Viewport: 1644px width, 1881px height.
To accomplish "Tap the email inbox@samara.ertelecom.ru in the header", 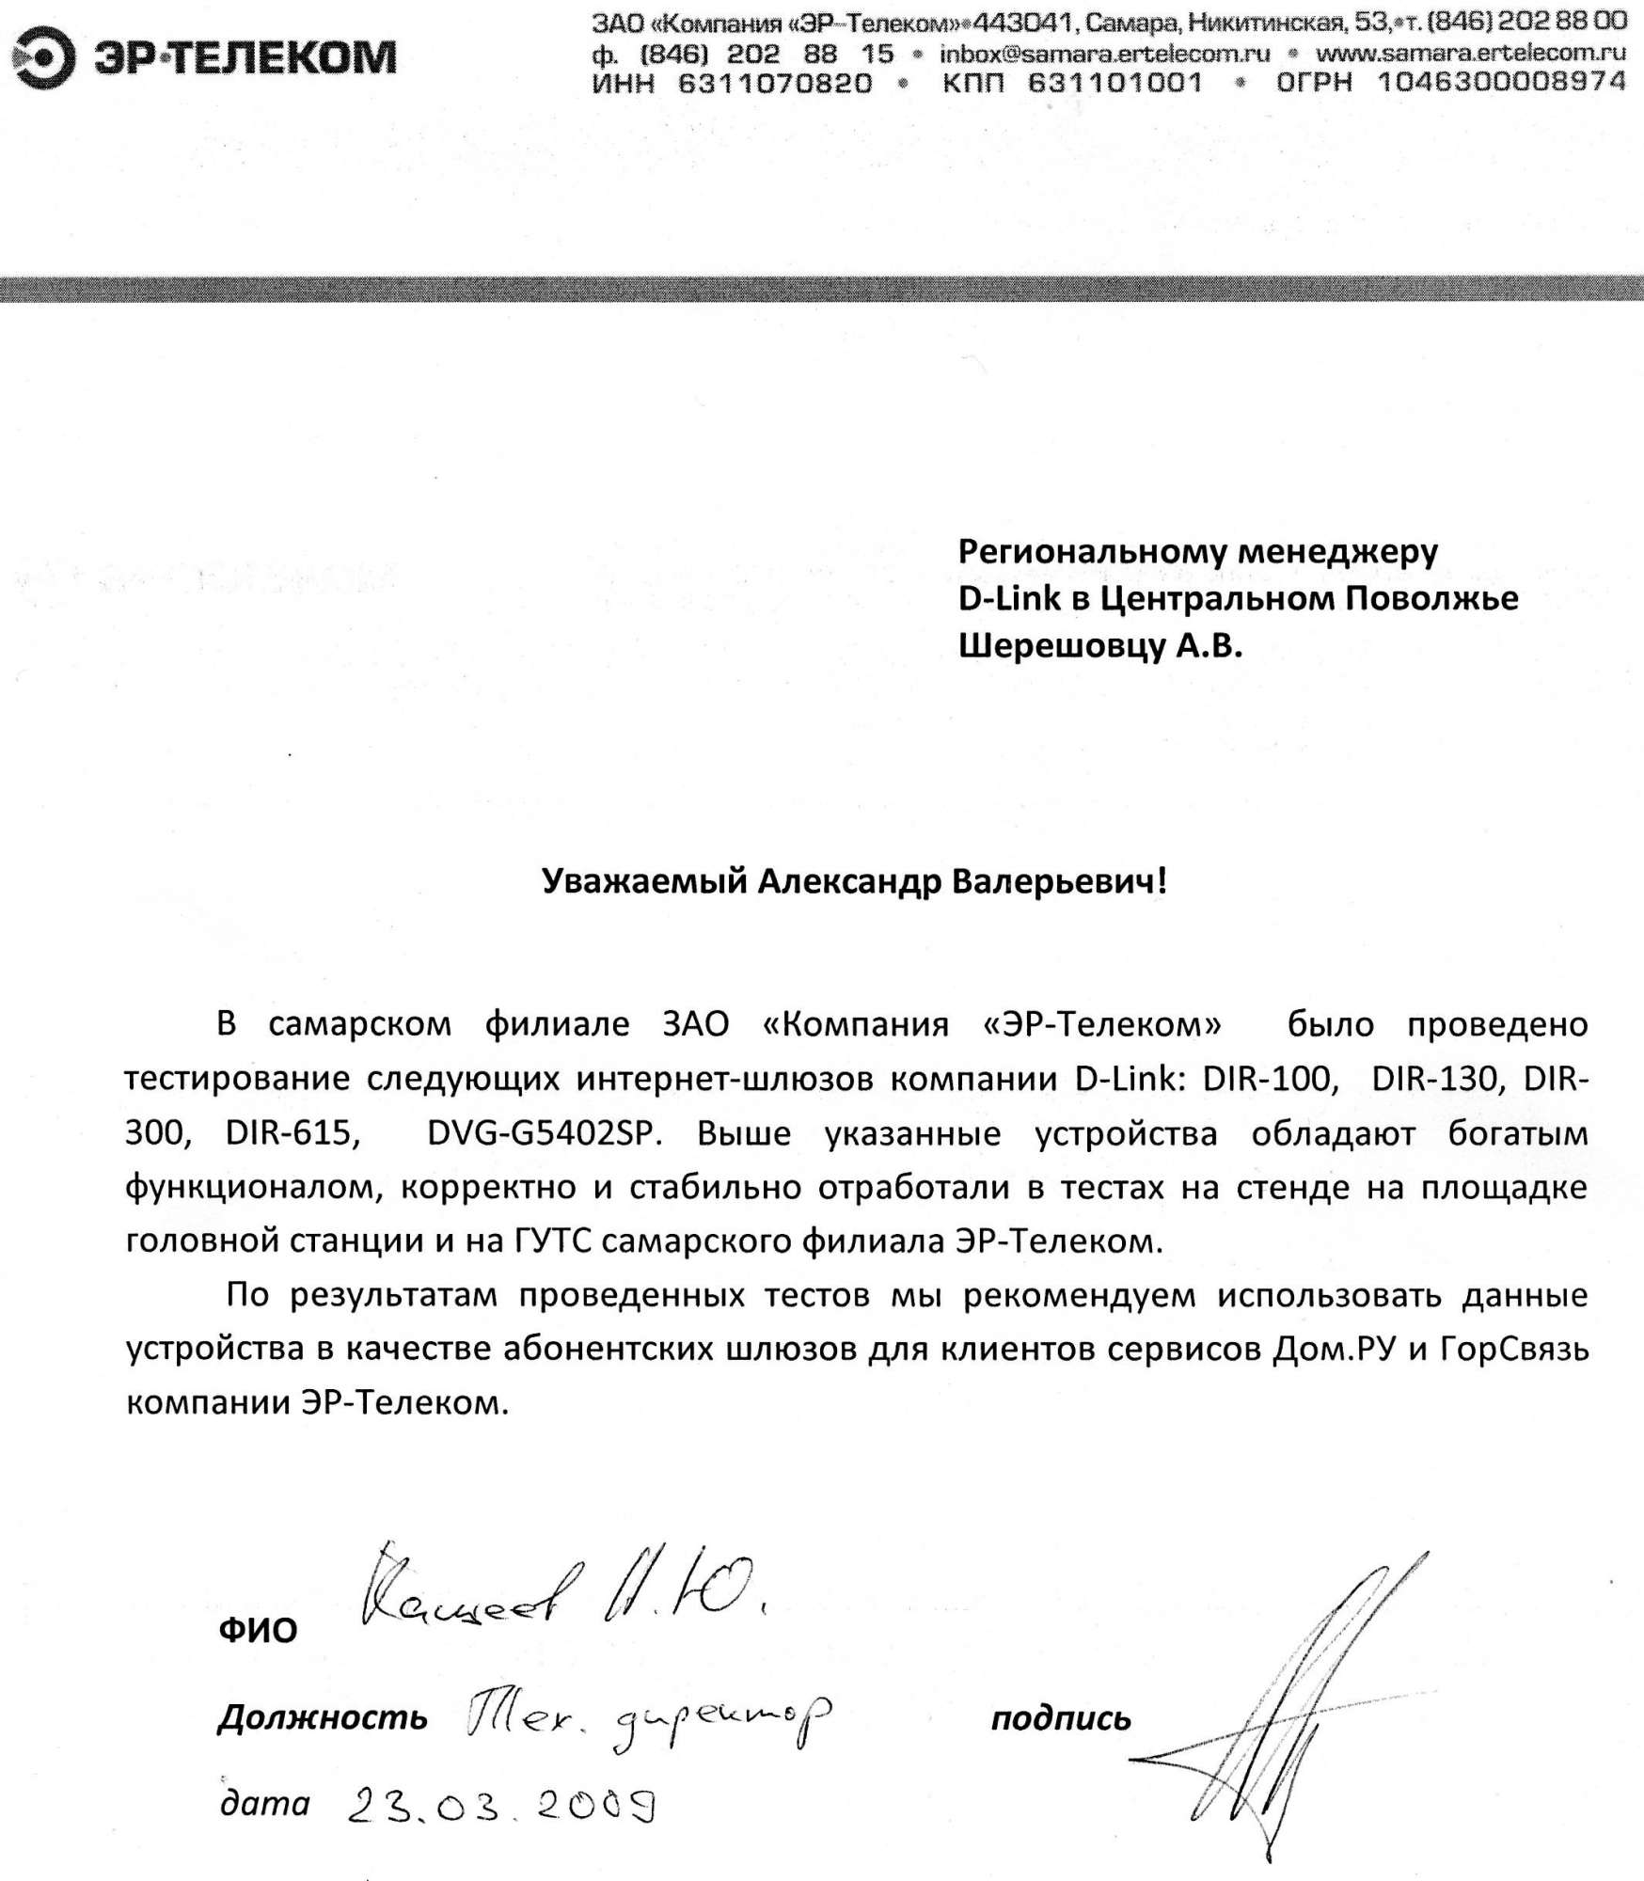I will [1104, 54].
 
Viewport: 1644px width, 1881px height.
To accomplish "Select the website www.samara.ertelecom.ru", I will [1470, 54].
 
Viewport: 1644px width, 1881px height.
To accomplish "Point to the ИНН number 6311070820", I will [774, 84].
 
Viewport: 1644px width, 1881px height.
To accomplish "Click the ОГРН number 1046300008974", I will [1502, 83].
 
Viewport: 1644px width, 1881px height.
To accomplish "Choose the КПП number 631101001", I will [1115, 84].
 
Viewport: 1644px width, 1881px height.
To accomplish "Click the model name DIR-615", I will [292, 1132].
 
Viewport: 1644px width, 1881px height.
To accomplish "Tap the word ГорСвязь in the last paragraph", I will [1513, 1350].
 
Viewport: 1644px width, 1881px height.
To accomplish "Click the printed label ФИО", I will [258, 1630].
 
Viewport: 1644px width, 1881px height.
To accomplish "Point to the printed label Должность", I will [323, 1719].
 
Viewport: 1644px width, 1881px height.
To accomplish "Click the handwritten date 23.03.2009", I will [501, 1805].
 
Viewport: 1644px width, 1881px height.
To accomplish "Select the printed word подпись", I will [1061, 1719].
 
